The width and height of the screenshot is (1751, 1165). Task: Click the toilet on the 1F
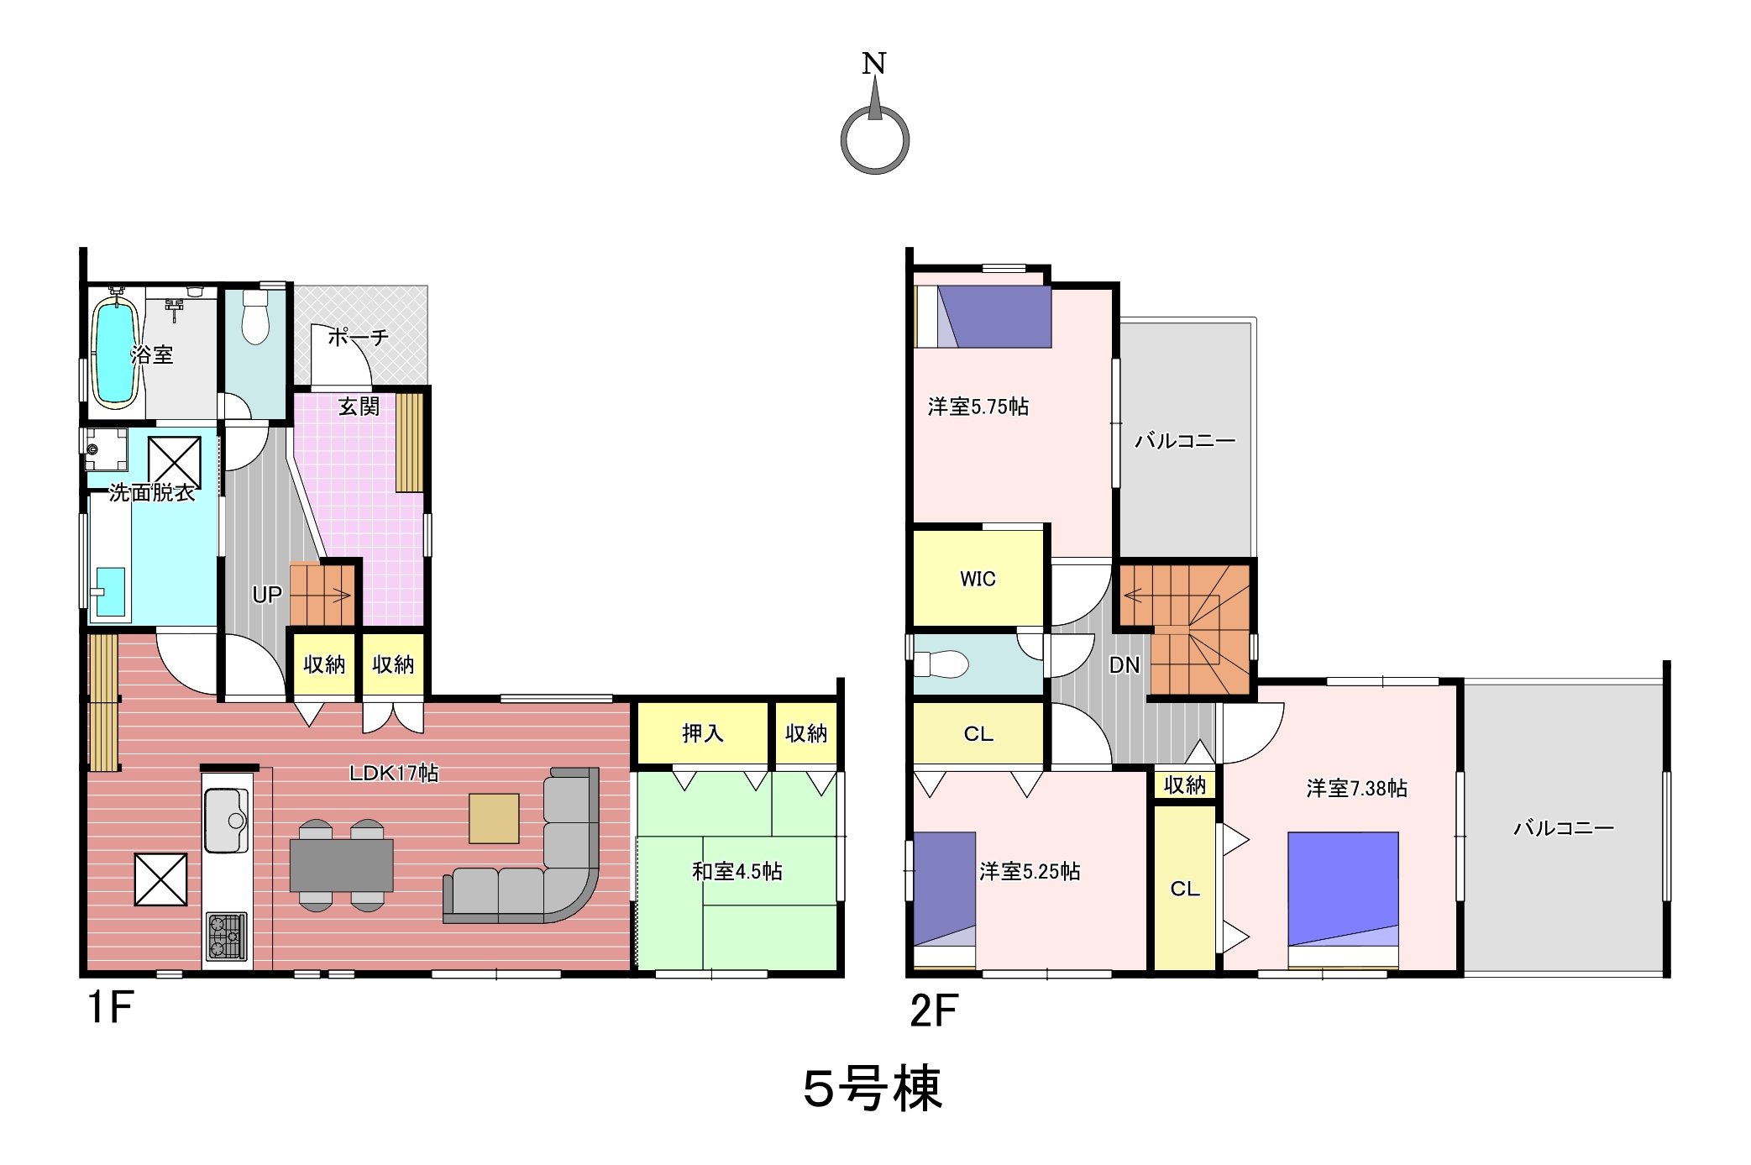coord(254,317)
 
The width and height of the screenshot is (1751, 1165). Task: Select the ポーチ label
coord(358,338)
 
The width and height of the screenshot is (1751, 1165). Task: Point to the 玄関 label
coord(359,407)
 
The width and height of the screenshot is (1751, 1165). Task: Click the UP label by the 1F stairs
coord(267,595)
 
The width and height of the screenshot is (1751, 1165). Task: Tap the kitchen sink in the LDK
coord(226,819)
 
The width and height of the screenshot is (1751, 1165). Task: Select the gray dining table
coord(342,865)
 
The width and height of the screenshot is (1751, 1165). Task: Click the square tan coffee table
coord(494,818)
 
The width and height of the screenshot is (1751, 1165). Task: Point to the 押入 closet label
coord(703,733)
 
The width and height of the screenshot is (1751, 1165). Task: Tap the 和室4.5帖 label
coord(737,872)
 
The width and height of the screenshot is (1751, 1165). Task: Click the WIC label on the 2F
coord(978,579)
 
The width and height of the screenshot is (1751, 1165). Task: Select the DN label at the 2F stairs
coord(1125,665)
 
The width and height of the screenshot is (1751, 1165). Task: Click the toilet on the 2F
coord(941,664)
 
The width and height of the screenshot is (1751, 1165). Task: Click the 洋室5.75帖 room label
coord(978,407)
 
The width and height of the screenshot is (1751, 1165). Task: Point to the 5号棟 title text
coord(873,1089)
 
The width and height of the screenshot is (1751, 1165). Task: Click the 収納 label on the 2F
coord(1185,785)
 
